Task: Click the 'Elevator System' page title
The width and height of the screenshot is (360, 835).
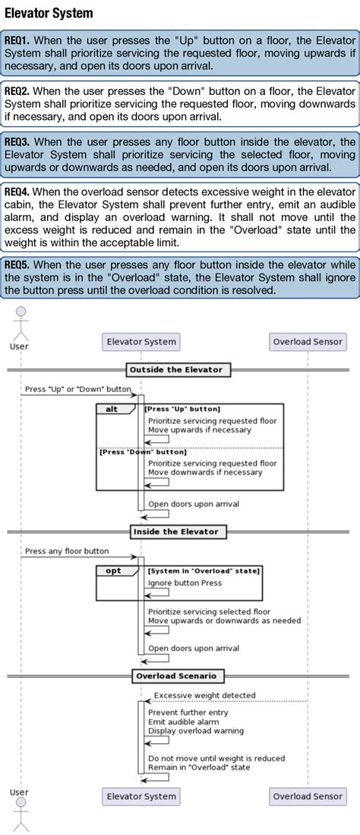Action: pos(49,13)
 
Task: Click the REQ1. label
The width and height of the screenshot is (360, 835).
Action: pos(17,39)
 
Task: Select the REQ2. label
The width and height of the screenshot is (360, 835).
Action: pos(17,90)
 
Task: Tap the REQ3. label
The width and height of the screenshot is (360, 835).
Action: pos(17,141)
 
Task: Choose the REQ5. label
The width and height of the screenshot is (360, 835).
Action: pos(17,264)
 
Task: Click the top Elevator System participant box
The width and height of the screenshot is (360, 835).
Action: pos(141,341)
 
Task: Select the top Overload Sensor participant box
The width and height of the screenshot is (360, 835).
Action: pos(308,341)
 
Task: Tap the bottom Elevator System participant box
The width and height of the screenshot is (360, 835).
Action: pos(141,796)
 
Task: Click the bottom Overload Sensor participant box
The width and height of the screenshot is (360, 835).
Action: pos(308,796)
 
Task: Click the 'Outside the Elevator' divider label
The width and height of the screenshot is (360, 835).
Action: pos(175,370)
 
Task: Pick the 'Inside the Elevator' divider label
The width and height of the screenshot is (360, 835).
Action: pos(175,532)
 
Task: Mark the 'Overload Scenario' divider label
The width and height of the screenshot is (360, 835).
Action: pos(175,675)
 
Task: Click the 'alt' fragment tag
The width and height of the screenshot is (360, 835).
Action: pos(112,409)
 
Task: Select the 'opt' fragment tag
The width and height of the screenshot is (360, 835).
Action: pos(113,570)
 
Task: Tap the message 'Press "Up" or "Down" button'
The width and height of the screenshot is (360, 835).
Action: pos(77,388)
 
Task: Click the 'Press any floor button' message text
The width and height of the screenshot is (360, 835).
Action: pos(67,551)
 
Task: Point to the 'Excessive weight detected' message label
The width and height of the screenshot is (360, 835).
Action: pos(204,694)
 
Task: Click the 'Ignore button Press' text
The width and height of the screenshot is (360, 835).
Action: pos(185,584)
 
